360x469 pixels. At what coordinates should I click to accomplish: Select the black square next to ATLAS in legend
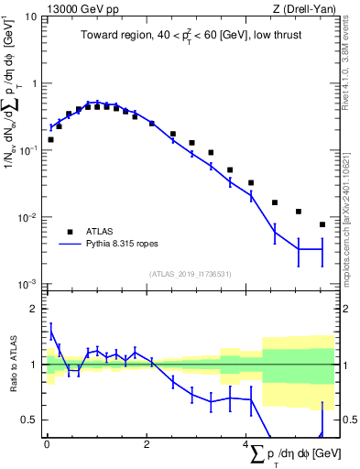tap(69, 232)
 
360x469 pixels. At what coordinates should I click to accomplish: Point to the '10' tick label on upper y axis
tap(30, 16)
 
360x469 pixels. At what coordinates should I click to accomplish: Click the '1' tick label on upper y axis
tap(34, 83)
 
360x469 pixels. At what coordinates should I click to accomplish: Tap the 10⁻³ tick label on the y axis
tap(28, 285)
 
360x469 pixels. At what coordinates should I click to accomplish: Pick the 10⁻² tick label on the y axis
tap(28, 218)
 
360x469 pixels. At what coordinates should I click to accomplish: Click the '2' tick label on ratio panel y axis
tap(34, 309)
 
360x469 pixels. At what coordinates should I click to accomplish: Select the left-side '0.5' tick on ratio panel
tap(29, 420)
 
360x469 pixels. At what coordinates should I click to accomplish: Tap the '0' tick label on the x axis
tap(47, 446)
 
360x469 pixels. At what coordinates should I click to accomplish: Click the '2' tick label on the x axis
tap(147, 446)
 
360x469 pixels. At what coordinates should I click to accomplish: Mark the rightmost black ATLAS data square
tap(322, 224)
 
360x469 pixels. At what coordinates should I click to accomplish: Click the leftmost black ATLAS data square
tap(50, 139)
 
